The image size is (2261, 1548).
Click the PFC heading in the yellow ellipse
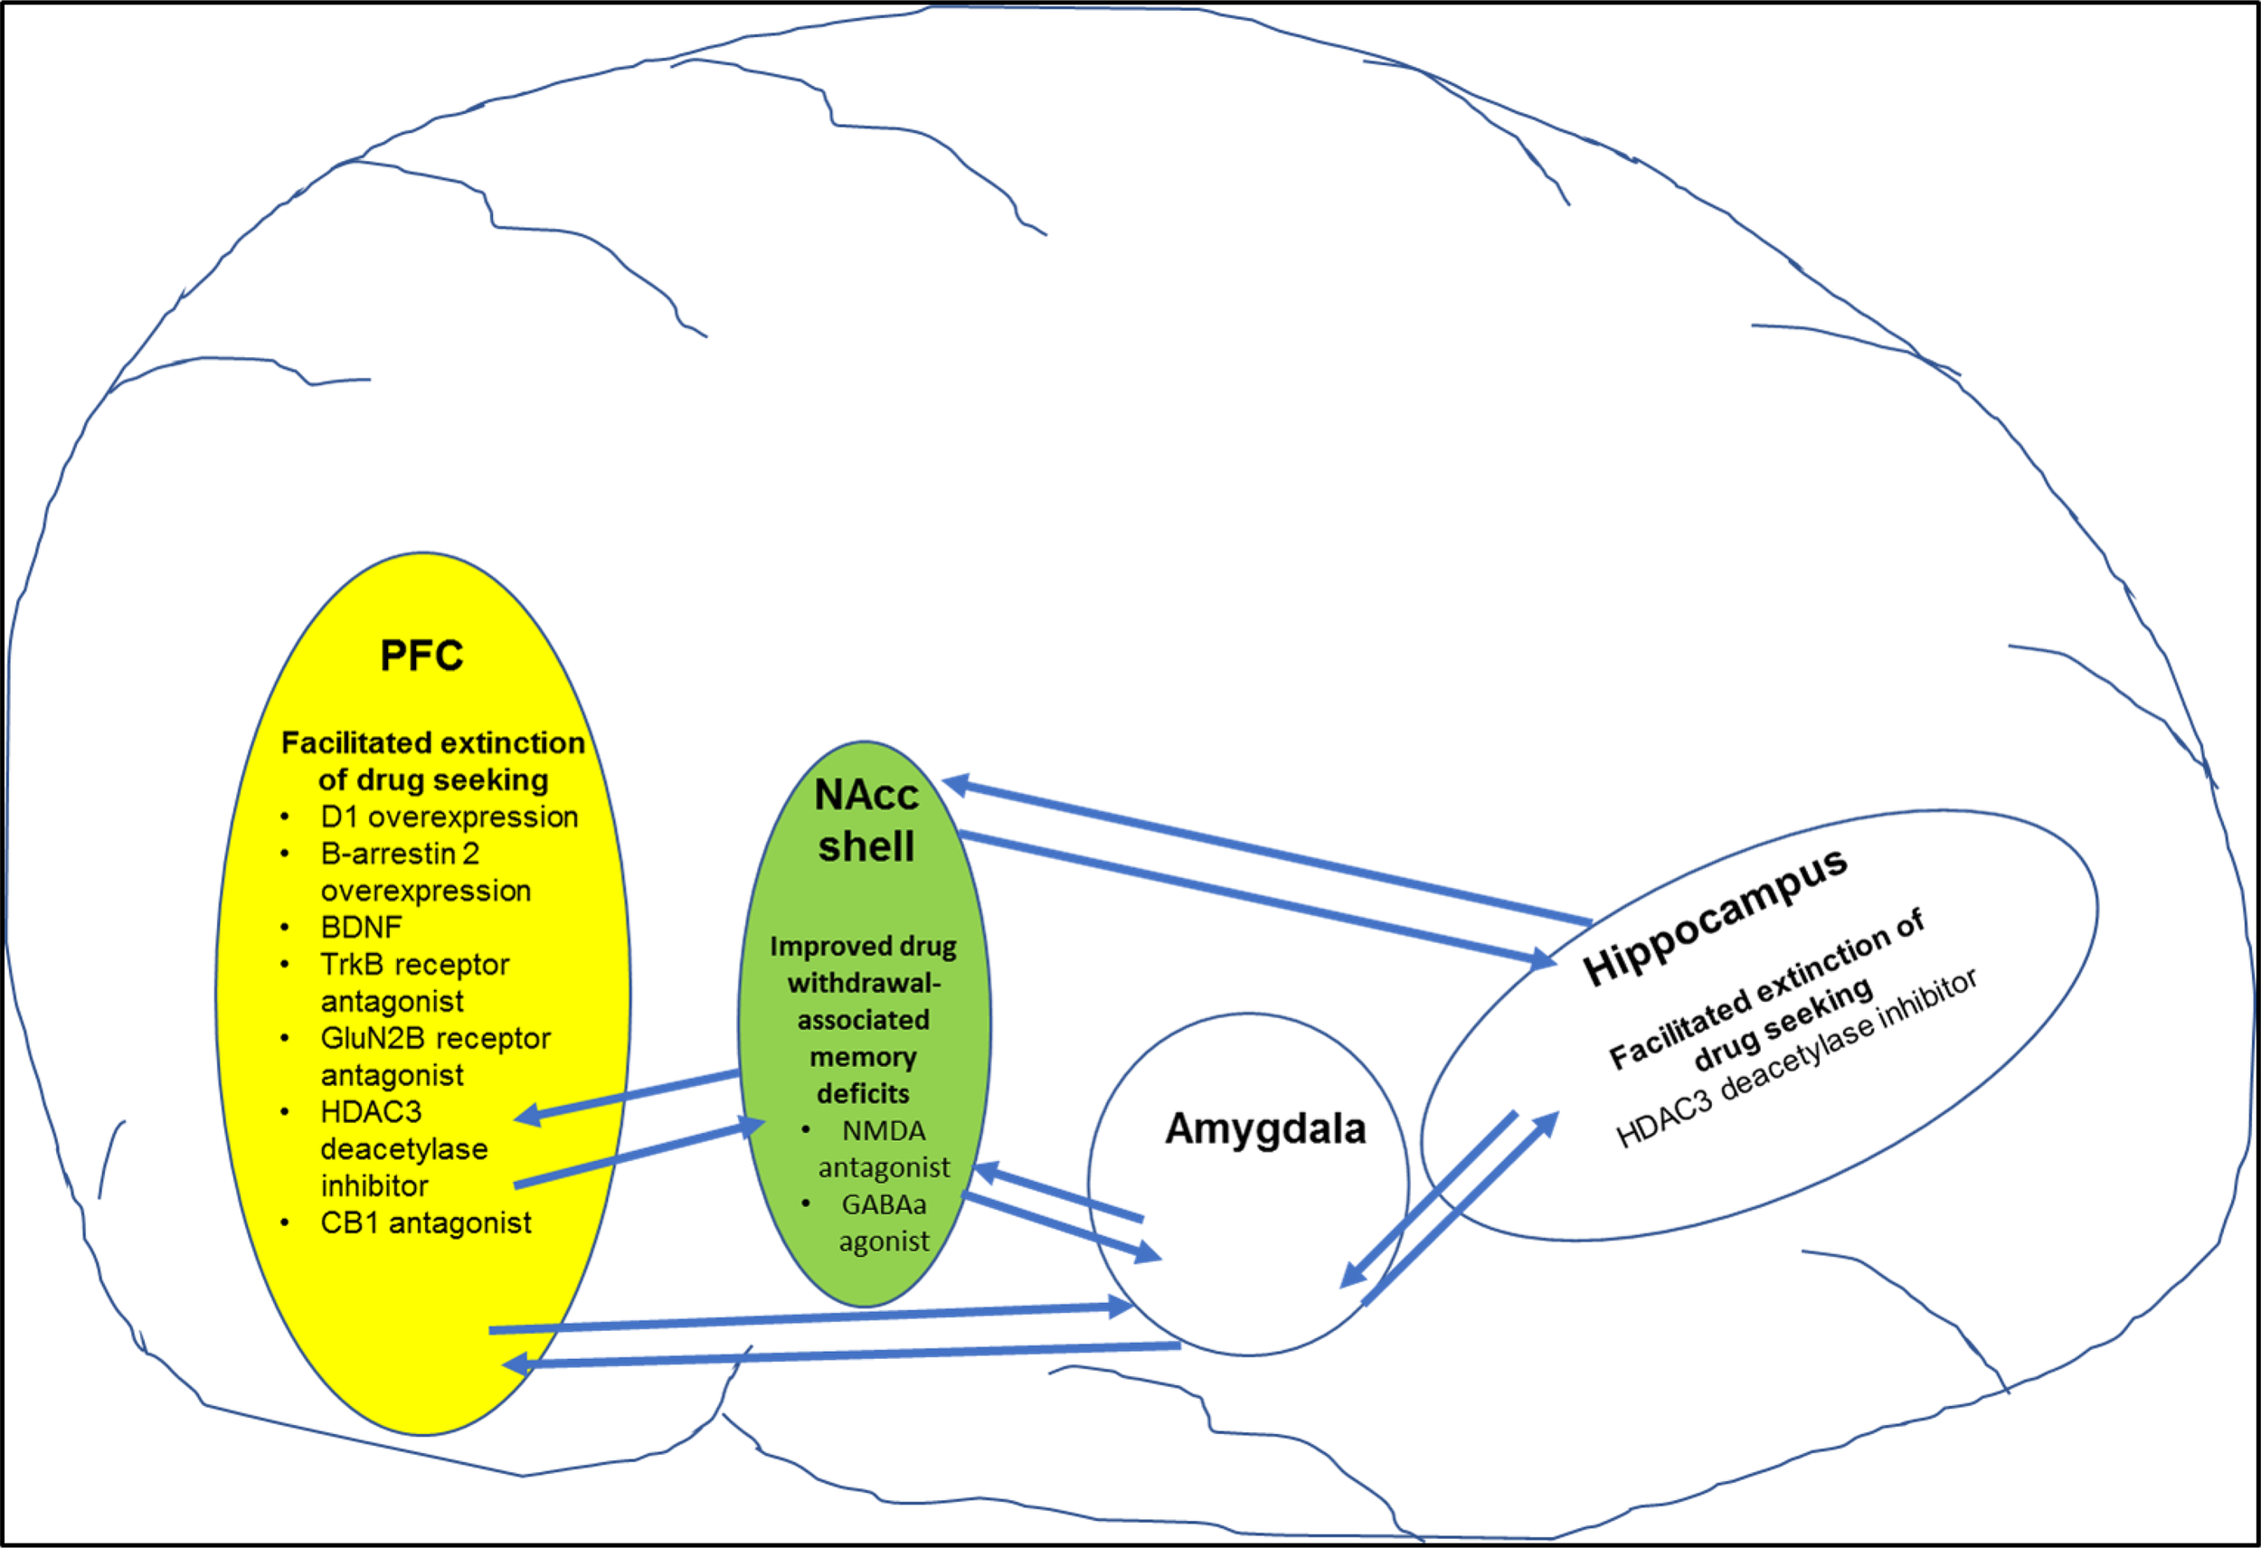pyautogui.click(x=421, y=656)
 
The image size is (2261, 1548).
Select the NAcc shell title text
pyautogui.click(x=866, y=820)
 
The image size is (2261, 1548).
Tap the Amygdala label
pyautogui.click(x=1264, y=1128)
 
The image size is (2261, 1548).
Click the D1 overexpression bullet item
pyautogui.click(x=449, y=816)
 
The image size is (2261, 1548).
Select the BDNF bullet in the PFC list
pyautogui.click(x=361, y=927)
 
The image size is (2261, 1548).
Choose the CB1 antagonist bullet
pyautogui.click(x=425, y=1222)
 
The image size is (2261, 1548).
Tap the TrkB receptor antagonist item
pyautogui.click(x=413, y=983)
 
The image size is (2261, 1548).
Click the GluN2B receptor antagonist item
pyautogui.click(x=434, y=1057)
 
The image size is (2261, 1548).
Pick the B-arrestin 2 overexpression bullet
pyautogui.click(x=425, y=872)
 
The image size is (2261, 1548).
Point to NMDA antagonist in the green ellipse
pyautogui.click(x=884, y=1149)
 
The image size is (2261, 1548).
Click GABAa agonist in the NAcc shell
pyautogui.click(x=884, y=1223)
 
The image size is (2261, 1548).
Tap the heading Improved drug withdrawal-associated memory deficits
pyautogui.click(x=863, y=1020)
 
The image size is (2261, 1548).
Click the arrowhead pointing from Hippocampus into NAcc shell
pyautogui.click(x=958, y=782)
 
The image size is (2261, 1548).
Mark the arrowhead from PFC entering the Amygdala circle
pyautogui.click(x=1121, y=1307)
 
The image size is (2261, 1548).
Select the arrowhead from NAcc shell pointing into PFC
pyautogui.click(x=526, y=1115)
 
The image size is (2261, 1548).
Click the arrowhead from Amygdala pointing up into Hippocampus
pyautogui.click(x=1546, y=1124)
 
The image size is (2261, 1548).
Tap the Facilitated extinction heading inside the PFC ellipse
pyautogui.click(x=433, y=760)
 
